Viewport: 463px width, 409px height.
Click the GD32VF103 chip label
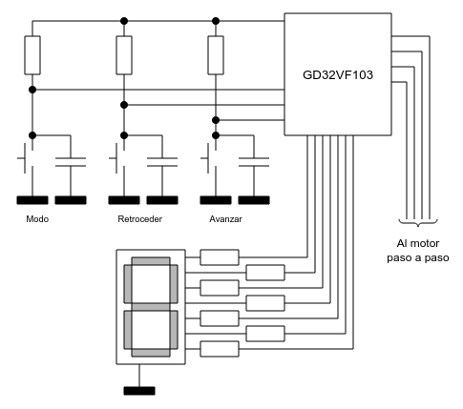338,75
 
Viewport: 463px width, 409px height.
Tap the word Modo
37,219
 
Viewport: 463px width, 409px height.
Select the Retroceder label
140,219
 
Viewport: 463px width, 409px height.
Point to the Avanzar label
225,219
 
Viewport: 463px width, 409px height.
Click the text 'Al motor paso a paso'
418,251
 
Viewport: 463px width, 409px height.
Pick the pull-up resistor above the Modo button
32,55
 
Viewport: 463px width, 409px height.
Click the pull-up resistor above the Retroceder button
124,55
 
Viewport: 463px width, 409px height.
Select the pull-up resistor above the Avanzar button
216,55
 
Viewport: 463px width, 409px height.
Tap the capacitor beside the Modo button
71,162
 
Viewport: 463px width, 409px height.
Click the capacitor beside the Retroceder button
162,162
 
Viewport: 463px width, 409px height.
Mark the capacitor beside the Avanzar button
254,162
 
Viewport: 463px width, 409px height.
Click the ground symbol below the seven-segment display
139,391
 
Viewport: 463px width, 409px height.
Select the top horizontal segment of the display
151,261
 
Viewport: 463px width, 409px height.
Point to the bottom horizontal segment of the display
151,353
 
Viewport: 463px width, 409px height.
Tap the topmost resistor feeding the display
220,257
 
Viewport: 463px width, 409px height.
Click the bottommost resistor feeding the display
220,349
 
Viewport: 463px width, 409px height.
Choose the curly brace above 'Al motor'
418,222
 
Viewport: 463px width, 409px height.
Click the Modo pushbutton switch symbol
27,158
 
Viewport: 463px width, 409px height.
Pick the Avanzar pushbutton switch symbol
210,158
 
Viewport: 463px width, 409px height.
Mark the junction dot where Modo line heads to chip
32,90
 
